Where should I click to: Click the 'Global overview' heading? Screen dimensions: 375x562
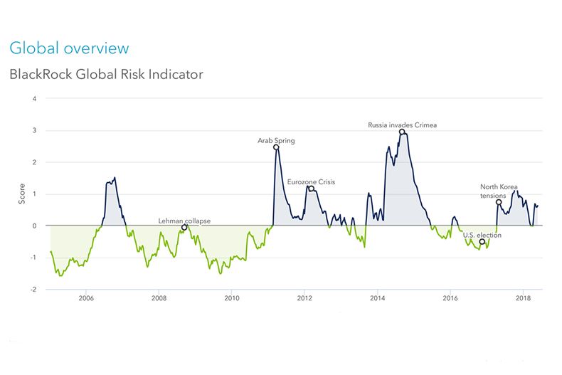[69, 48]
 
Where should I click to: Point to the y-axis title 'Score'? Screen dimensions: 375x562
[22, 194]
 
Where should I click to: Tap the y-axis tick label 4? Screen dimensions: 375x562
[34, 99]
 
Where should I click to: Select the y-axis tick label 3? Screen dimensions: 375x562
[34, 131]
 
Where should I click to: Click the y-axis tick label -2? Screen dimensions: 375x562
[33, 290]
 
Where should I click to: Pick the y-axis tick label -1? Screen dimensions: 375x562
[33, 258]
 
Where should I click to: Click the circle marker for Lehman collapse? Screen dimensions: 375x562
[185, 228]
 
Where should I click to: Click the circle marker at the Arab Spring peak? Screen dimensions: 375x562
[276, 147]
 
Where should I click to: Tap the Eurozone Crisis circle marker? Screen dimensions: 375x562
[312, 189]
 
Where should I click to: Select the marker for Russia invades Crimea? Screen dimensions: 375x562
[403, 132]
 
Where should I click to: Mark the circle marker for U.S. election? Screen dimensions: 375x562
[482, 242]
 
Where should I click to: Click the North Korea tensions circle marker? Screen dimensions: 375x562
[499, 202]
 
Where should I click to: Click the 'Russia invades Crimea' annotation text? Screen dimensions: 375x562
[402, 125]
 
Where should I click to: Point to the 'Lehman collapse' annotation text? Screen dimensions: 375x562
[184, 221]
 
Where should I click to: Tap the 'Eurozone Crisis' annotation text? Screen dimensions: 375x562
[311, 181]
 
